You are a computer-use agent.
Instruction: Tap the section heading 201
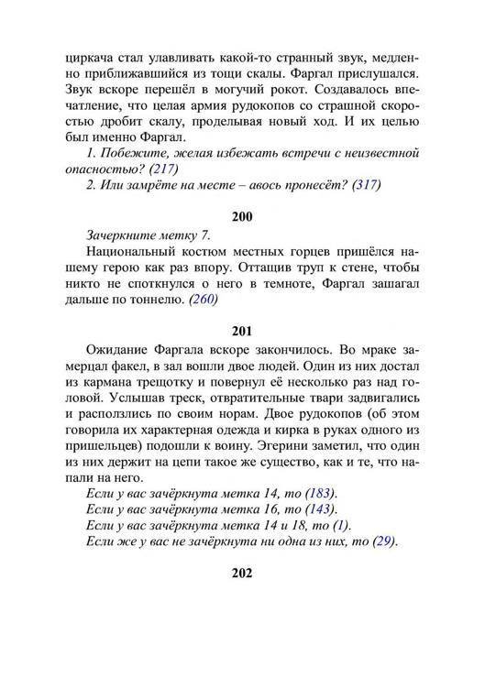(x=242, y=331)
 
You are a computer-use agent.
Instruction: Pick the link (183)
(x=322, y=493)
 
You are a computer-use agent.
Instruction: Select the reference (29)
(x=381, y=541)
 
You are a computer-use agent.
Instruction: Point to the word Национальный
(x=130, y=251)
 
